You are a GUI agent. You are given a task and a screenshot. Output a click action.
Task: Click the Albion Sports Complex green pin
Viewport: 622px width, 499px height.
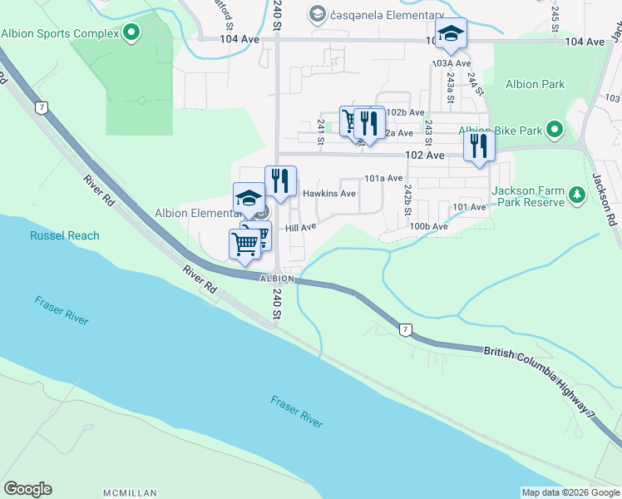pos(131,34)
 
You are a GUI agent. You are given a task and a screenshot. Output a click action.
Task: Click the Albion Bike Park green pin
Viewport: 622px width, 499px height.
pos(556,131)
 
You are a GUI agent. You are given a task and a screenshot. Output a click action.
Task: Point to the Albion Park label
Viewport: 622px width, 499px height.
pos(535,84)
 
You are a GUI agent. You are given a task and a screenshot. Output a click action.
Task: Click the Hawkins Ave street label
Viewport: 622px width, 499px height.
pos(328,194)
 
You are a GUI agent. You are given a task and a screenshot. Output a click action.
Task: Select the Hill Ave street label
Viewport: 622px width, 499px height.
pos(300,227)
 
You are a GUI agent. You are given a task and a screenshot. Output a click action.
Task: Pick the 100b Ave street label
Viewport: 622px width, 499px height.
pos(428,225)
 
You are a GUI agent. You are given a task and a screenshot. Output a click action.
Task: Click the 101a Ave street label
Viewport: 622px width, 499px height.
pos(383,178)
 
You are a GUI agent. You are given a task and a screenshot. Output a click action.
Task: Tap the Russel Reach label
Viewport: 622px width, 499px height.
pos(64,235)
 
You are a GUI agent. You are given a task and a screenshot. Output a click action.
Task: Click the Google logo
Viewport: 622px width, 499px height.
pos(27,489)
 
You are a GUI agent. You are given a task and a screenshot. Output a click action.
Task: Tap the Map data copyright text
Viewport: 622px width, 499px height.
pos(570,492)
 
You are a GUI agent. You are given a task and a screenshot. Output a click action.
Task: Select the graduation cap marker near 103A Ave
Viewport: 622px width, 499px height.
pos(452,34)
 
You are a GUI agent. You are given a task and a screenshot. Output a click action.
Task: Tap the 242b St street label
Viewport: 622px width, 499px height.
pos(408,201)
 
